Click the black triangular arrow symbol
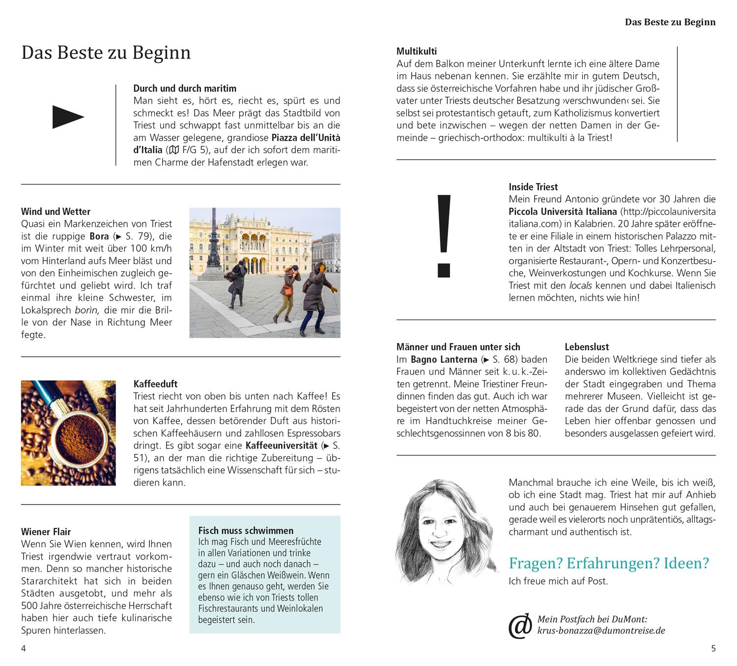coord(68,117)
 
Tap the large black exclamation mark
coord(443,235)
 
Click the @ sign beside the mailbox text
coord(520,626)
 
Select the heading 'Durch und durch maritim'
coord(185,88)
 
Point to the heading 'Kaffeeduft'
coord(155,384)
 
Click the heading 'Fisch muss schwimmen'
coord(246,531)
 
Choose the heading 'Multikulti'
coord(416,51)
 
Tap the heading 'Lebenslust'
coord(587,347)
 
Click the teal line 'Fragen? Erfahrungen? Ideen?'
coord(609,563)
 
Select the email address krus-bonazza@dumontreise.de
coord(601,631)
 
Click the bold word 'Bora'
coord(99,236)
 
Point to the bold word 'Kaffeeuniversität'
coord(281,446)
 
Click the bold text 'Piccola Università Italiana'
coord(563,212)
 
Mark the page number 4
coord(23,648)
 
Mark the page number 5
coord(713,648)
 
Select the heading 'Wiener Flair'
coord(46,532)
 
